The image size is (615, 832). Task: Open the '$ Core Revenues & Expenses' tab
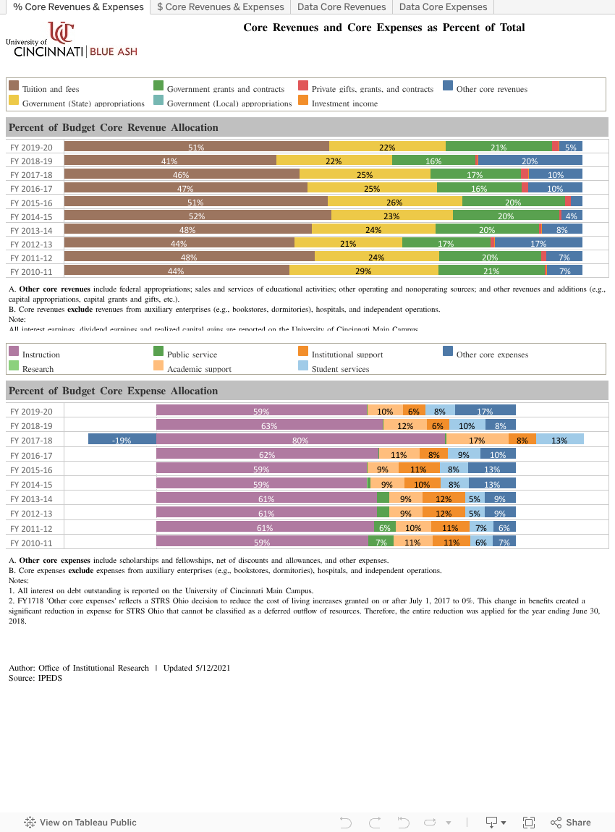(x=221, y=7)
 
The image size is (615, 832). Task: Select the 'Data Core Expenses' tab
(x=443, y=7)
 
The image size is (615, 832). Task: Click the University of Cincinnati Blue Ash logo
(x=72, y=40)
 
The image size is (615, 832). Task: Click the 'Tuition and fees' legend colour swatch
(x=13, y=86)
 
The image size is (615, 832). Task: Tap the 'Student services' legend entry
(x=340, y=369)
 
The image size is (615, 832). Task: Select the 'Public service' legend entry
(x=192, y=355)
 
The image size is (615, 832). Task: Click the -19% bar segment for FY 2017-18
(x=122, y=439)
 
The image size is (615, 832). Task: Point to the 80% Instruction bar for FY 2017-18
(x=301, y=439)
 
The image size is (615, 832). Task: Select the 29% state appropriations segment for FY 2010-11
(x=364, y=271)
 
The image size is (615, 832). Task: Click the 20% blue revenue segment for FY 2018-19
(x=530, y=161)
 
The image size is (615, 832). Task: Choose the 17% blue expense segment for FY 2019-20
(x=485, y=410)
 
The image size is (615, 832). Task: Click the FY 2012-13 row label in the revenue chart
(x=31, y=243)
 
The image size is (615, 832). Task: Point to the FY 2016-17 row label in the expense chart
(x=31, y=455)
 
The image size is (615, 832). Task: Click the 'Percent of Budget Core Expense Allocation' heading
(x=113, y=391)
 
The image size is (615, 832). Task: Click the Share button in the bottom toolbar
(x=571, y=822)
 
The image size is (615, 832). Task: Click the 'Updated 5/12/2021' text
(x=197, y=668)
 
